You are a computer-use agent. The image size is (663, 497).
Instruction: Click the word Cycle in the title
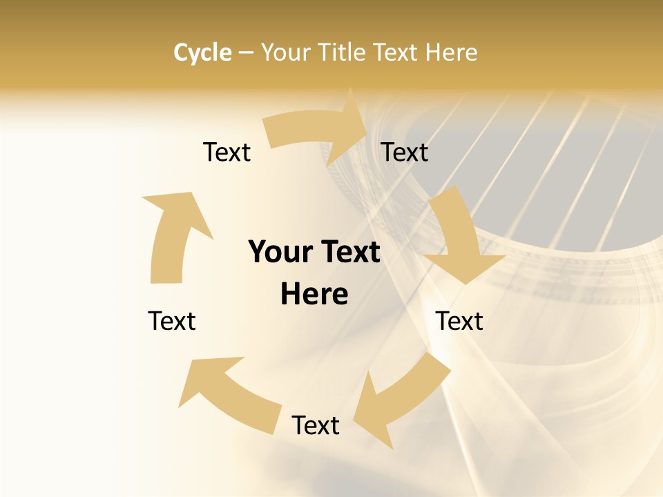pyautogui.click(x=202, y=52)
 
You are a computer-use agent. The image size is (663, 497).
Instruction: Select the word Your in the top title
pyautogui.click(x=285, y=52)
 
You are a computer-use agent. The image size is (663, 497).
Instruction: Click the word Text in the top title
pyautogui.click(x=396, y=52)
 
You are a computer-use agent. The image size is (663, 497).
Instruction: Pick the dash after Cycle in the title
pyautogui.click(x=246, y=53)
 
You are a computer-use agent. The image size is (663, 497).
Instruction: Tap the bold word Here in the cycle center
pyautogui.click(x=314, y=295)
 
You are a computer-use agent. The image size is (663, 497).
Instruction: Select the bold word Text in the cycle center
pyautogui.click(x=348, y=252)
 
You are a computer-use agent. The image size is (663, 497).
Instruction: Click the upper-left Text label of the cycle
pyautogui.click(x=227, y=152)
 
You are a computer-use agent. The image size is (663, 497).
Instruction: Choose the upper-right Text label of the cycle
pyautogui.click(x=405, y=152)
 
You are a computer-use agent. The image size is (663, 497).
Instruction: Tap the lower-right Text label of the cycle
pyautogui.click(x=459, y=321)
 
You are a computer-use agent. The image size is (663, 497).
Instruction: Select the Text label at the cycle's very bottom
pyautogui.click(x=316, y=425)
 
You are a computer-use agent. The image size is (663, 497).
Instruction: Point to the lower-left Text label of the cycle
pyautogui.click(x=172, y=321)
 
